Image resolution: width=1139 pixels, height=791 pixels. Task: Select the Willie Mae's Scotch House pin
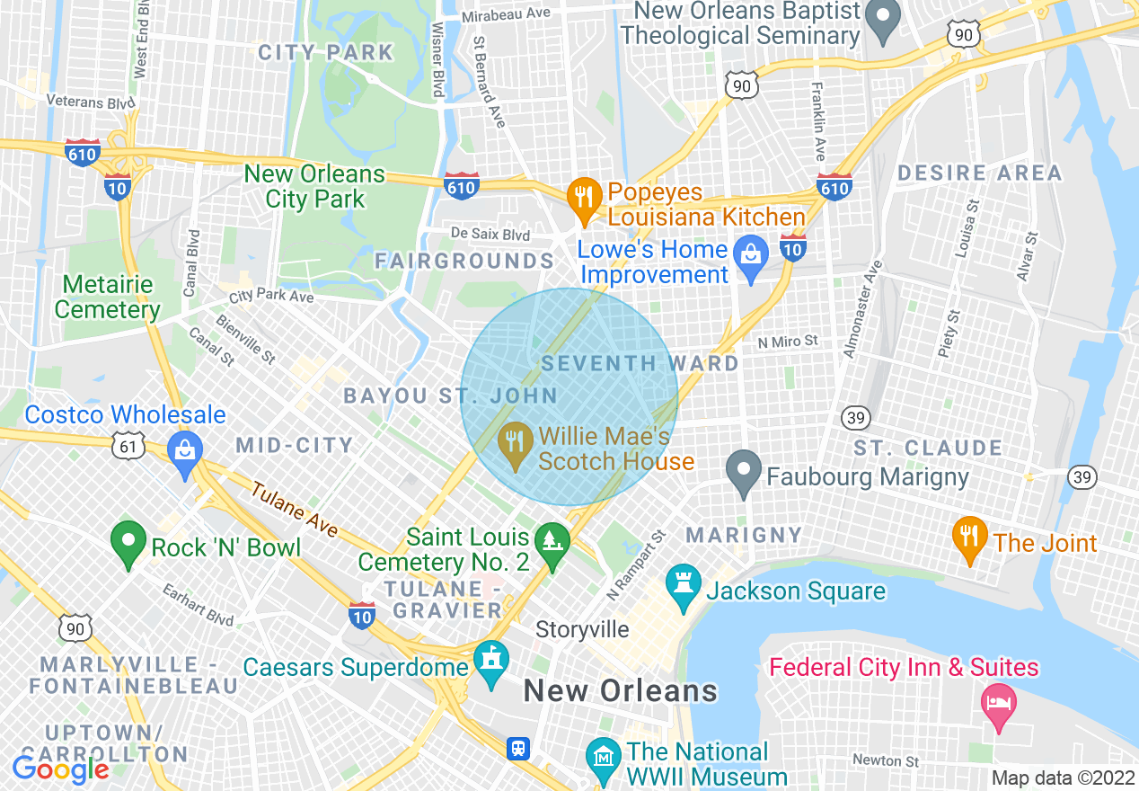pos(514,443)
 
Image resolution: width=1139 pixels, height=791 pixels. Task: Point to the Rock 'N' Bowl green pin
pos(128,542)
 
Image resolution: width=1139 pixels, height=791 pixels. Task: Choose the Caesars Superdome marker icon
pos(491,662)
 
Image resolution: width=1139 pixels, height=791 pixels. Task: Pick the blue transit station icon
pos(518,748)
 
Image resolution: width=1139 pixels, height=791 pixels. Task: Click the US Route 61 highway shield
pos(129,444)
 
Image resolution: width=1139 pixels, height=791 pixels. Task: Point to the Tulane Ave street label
pos(294,511)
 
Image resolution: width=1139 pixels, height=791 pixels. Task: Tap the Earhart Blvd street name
pos(199,605)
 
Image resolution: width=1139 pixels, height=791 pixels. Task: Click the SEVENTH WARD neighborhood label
pos(640,363)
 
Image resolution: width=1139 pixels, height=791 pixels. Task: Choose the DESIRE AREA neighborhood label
pos(979,173)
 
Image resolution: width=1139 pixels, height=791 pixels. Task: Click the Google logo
pos(60,769)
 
